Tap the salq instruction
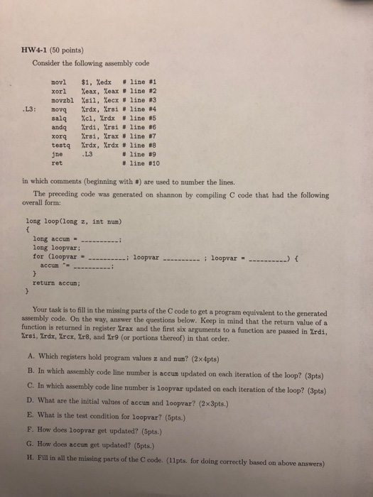click(x=59, y=118)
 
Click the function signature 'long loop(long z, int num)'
click(x=72, y=221)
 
